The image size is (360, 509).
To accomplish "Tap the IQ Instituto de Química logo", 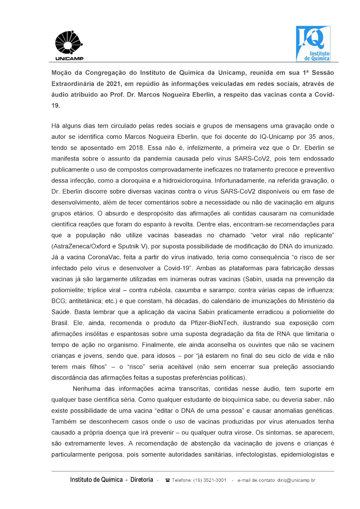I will pos(313,44).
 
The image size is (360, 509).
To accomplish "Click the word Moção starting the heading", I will pos(63,73).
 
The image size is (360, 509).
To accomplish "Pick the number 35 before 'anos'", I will pos(312,137).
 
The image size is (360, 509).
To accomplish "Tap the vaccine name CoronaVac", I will pos(107,257).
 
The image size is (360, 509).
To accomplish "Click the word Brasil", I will pos(60,323).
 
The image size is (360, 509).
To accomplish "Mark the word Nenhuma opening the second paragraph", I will pos(86,389).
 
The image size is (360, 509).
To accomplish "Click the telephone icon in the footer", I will pos(168,480).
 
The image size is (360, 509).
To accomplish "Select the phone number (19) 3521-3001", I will pos(210,480).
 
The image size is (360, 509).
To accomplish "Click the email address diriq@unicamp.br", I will pos(296,480).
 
